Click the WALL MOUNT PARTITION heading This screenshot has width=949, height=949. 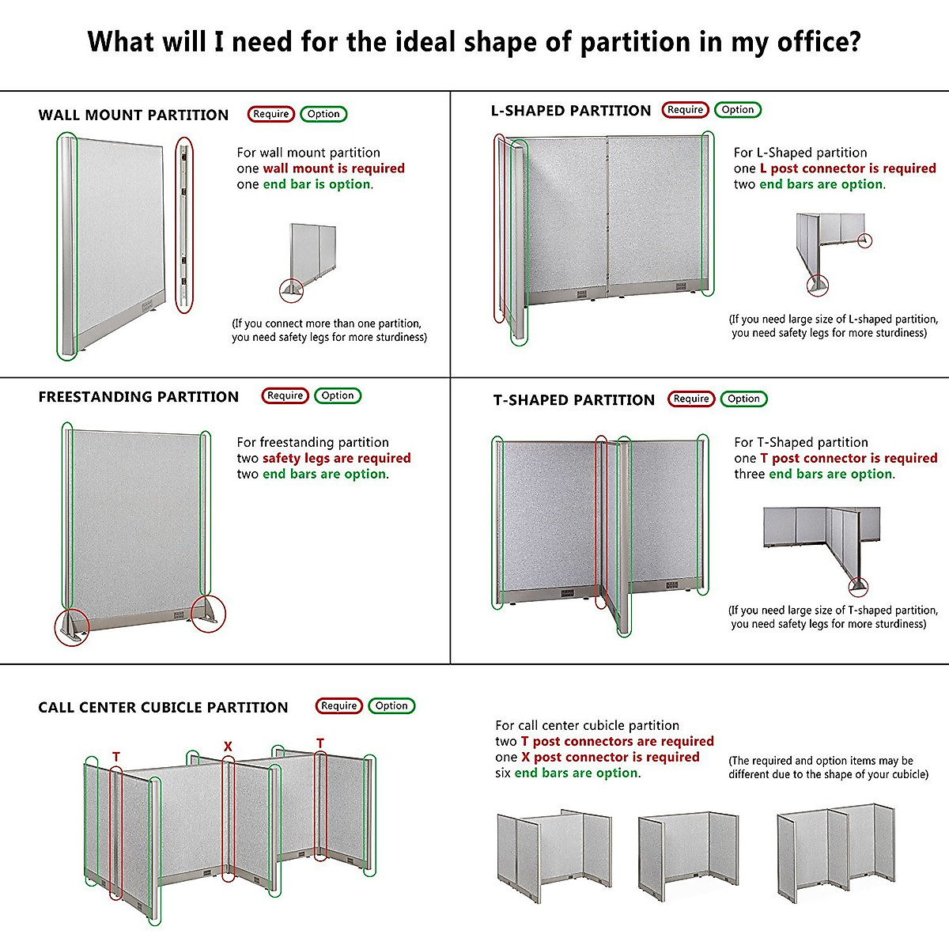133,115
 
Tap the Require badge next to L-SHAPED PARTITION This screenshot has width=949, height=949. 685,110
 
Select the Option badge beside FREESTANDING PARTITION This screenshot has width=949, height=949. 338,395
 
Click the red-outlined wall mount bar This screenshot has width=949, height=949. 183,226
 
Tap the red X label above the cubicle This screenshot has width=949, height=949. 228,747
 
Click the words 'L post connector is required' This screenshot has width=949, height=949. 848,168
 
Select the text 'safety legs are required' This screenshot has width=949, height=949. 336,458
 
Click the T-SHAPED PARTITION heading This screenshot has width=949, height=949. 574,400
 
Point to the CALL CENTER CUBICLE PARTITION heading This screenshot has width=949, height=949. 163,708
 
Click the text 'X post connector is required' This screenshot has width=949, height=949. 610,757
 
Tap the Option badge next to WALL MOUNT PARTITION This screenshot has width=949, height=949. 323,114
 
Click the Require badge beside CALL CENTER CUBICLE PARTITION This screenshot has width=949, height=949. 339,705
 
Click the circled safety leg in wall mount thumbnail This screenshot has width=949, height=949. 292,290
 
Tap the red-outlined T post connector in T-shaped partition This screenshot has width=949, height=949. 601,522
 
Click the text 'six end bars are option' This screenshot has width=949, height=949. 568,773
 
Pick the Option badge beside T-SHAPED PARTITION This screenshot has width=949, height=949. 743,399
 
